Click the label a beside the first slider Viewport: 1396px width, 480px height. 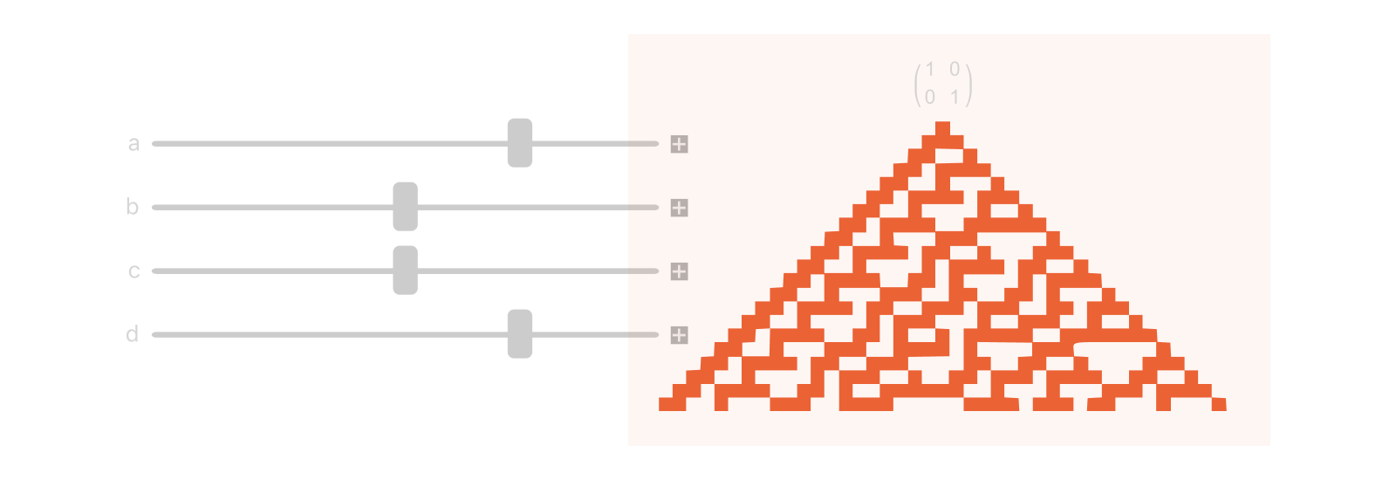pos(133,144)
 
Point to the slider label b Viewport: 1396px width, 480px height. pos(133,207)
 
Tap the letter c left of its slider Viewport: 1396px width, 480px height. pos(133,271)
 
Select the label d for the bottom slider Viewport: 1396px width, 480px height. pos(133,334)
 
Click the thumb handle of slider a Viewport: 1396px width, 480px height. pos(520,143)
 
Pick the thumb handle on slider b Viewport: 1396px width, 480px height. pos(405,207)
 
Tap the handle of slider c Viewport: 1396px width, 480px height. pos(405,271)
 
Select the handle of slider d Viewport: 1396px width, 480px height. pos(520,334)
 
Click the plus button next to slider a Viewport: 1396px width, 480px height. pos(679,144)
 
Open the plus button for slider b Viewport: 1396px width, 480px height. pos(679,208)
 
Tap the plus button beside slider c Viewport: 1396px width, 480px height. pos(679,271)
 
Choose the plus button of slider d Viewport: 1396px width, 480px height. pos(679,335)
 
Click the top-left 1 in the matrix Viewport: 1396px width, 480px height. pos(930,69)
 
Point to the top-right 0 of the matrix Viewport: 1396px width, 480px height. pos(955,69)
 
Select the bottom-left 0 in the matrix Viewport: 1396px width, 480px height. pos(930,97)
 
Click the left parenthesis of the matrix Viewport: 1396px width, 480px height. pos(917,84)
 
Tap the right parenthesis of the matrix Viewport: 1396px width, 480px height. pos(969,84)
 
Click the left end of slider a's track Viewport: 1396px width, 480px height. pos(155,143)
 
